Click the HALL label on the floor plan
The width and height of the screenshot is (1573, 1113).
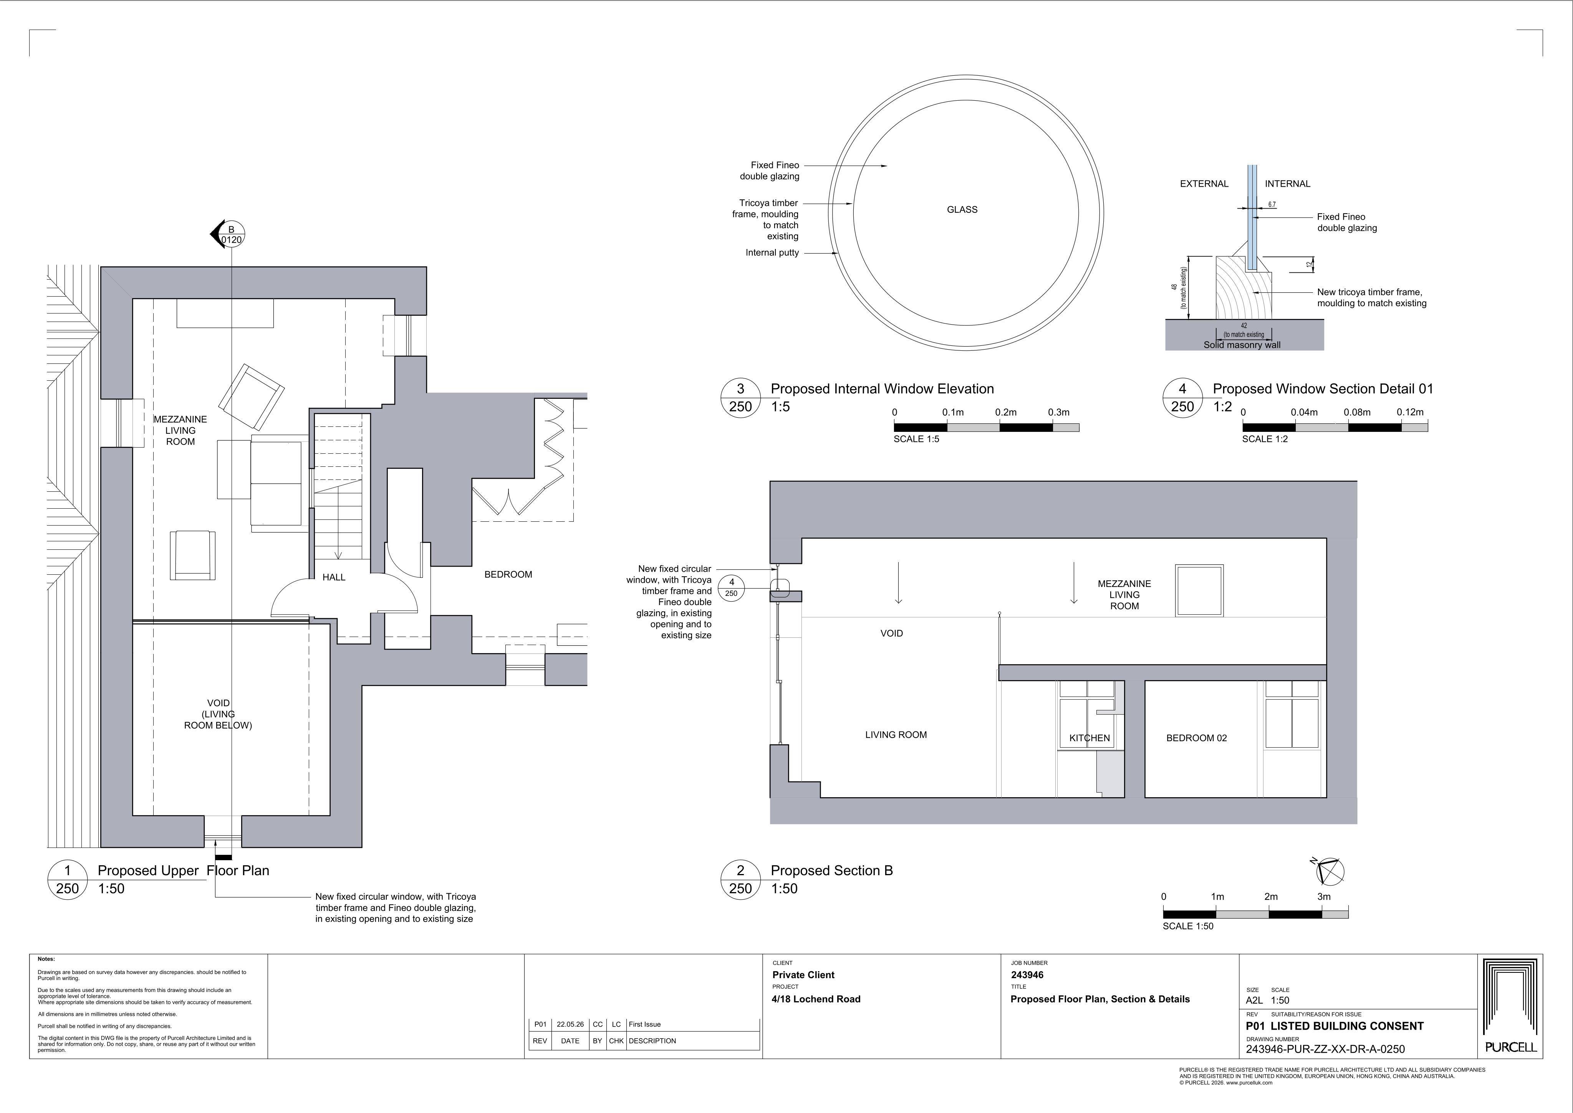click(x=334, y=577)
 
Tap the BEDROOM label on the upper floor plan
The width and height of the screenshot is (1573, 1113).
click(x=508, y=574)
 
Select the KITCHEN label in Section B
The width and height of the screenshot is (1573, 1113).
click(x=1090, y=738)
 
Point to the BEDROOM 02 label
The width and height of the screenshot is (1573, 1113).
click(x=1196, y=738)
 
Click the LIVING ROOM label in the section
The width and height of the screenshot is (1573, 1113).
click(x=896, y=735)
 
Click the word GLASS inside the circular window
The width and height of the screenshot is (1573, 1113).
click(x=962, y=210)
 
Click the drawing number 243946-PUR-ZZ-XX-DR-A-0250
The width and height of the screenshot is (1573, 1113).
click(x=1325, y=1049)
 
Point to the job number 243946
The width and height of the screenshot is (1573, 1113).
click(x=1027, y=975)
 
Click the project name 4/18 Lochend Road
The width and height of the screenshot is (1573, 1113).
click(x=816, y=999)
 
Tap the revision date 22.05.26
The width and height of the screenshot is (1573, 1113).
click(x=570, y=1025)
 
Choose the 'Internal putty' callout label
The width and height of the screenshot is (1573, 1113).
click(x=772, y=253)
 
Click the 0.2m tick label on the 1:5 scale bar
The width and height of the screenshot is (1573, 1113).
click(x=1006, y=413)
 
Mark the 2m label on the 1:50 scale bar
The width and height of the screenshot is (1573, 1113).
click(x=1271, y=896)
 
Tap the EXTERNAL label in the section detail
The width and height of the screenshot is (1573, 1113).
click(x=1204, y=184)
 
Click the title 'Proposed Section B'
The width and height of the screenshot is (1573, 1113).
click(x=832, y=871)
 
